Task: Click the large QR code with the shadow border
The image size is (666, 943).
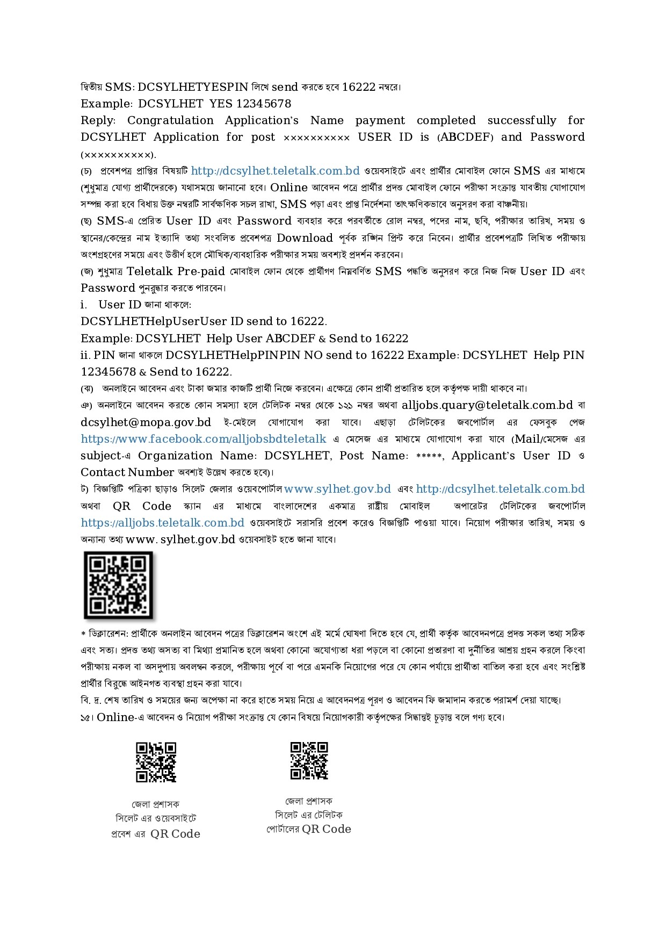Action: pos(119,585)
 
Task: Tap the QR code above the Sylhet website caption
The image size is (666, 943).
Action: pos(156,762)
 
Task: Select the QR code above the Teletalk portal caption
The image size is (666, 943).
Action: pos(309,760)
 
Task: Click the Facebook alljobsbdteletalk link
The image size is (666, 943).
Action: pos(204,439)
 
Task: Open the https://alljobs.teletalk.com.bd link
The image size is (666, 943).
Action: pos(162,523)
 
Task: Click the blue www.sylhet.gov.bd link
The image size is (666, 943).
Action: pos(337,489)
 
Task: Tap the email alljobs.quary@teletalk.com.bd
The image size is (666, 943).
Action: pos(487,405)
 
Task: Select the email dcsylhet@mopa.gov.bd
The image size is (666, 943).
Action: pos(146,422)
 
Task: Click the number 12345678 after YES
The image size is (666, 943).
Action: pos(264,104)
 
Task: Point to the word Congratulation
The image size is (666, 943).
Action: pos(170,120)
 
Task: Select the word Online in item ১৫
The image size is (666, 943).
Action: pos(115,717)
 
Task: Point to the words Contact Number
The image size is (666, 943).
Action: pos(127,472)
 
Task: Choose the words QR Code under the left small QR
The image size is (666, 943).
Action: pos(175,834)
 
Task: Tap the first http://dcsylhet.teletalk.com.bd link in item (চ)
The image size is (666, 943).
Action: pos(275,171)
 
